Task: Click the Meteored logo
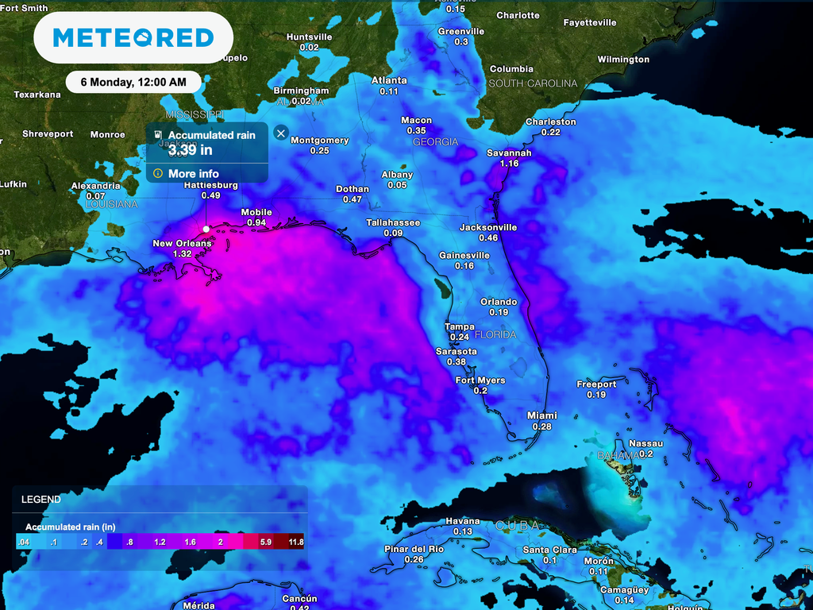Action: click(x=133, y=37)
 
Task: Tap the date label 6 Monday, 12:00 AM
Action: click(x=133, y=82)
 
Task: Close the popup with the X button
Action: click(x=280, y=133)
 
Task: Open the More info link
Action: click(x=193, y=173)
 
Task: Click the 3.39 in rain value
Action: click(x=190, y=149)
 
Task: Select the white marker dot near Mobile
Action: click(x=206, y=229)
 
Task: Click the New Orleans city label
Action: click(x=182, y=243)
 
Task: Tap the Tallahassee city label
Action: click(x=392, y=222)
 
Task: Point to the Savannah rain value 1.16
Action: click(x=509, y=163)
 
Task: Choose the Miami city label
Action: click(x=542, y=415)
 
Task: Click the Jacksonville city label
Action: click(x=488, y=227)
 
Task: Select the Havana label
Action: click(x=462, y=521)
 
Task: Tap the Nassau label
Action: click(x=645, y=443)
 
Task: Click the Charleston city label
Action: click(x=550, y=122)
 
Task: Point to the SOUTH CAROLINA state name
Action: click(x=533, y=83)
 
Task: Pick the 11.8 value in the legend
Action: click(x=296, y=542)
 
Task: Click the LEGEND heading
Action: click(x=40, y=500)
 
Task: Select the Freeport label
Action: click(x=596, y=384)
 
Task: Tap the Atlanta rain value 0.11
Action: click(x=389, y=91)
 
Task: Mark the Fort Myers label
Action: click(x=480, y=380)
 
